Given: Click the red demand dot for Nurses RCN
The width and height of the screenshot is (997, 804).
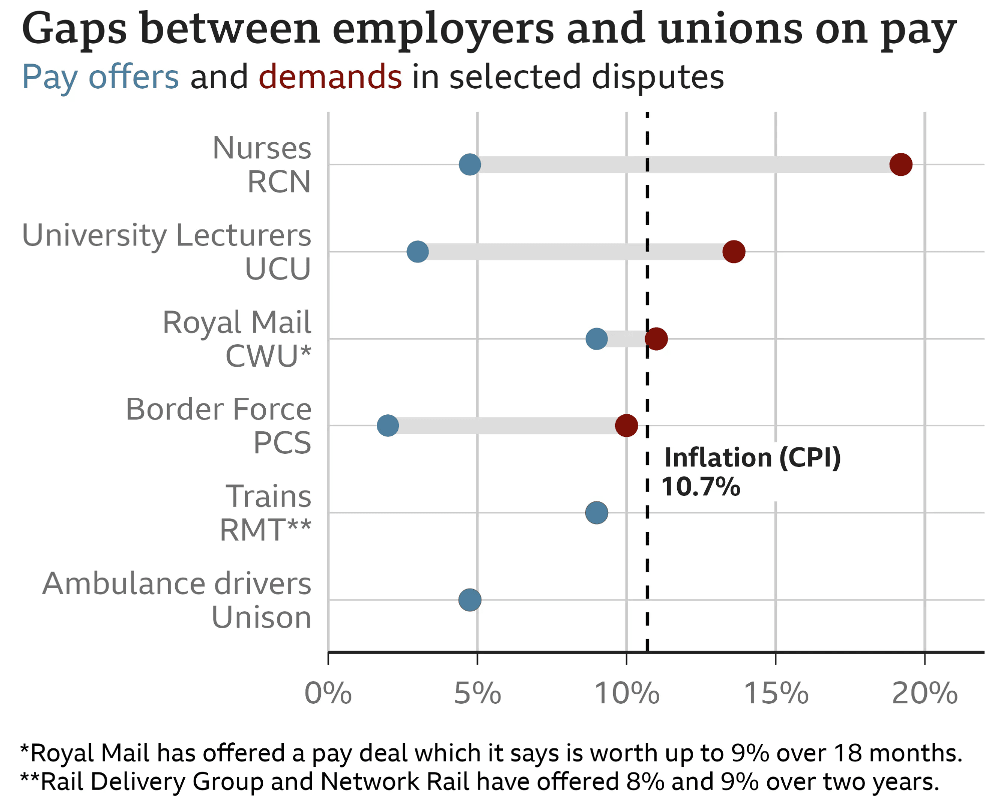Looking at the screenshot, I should click(901, 164).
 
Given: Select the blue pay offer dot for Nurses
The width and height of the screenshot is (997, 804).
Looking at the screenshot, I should click(470, 164).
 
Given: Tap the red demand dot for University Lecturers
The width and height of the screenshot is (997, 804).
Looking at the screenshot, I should click(734, 251).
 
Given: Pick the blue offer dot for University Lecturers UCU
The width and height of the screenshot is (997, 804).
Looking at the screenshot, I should click(417, 251).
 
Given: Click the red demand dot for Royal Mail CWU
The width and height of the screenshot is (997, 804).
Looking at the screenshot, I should click(656, 339).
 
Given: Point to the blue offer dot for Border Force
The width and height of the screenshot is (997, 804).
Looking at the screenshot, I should click(388, 426).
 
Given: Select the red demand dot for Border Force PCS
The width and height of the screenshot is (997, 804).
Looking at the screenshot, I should click(626, 426).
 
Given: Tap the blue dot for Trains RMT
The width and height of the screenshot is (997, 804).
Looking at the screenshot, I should click(597, 512).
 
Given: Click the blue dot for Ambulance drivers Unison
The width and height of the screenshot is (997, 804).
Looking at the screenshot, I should click(470, 600).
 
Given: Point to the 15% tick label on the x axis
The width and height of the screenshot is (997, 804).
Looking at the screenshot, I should click(776, 694).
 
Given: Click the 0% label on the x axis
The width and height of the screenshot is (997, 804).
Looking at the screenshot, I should click(328, 694).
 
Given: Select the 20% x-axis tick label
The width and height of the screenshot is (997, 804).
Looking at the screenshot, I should click(924, 694).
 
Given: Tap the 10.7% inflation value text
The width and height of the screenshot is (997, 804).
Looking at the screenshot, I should click(701, 487).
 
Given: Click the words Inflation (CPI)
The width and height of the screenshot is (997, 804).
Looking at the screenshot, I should click(752, 458).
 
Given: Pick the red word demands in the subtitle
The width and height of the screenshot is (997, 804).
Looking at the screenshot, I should click(330, 77).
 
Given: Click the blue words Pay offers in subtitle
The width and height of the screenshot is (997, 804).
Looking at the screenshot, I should click(101, 77).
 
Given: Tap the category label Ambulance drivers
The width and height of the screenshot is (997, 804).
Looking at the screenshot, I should click(177, 584).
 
